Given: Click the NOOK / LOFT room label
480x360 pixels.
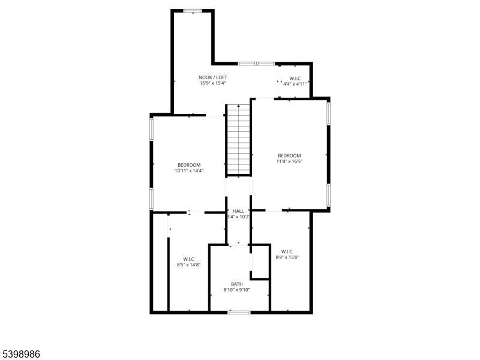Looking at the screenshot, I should tap(213, 77).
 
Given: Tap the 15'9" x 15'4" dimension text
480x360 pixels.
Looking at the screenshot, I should tap(213, 83).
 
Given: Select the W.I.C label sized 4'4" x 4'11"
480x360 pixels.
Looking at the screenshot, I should tap(295, 79).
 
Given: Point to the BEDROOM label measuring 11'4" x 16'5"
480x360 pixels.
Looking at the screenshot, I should tap(289, 155).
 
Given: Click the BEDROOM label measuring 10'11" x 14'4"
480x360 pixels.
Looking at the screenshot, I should tap(189, 165).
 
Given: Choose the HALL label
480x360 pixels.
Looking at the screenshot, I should tap(239, 211).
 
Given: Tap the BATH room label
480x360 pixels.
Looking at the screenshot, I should tap(237, 284).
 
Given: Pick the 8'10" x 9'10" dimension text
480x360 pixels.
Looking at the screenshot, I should tap(237, 290).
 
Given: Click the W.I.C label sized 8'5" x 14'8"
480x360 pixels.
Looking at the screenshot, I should tap(188, 259).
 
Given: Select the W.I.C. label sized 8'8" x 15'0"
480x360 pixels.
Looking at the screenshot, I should tap(286, 251).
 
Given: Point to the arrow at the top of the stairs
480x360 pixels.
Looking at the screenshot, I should tap(238, 107).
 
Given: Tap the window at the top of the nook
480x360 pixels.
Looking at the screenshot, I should tap(193, 10).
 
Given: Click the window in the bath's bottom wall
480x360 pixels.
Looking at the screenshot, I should tap(239, 312).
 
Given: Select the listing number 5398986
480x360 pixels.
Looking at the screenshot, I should tap(20, 355).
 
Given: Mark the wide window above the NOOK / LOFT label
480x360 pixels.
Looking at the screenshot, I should tap(256, 63).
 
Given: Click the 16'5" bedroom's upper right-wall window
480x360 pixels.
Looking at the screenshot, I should tap(328, 113).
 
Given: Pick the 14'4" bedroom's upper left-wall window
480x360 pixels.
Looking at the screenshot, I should tap(151, 128).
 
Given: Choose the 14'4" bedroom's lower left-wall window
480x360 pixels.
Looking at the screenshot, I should tap(151, 199).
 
